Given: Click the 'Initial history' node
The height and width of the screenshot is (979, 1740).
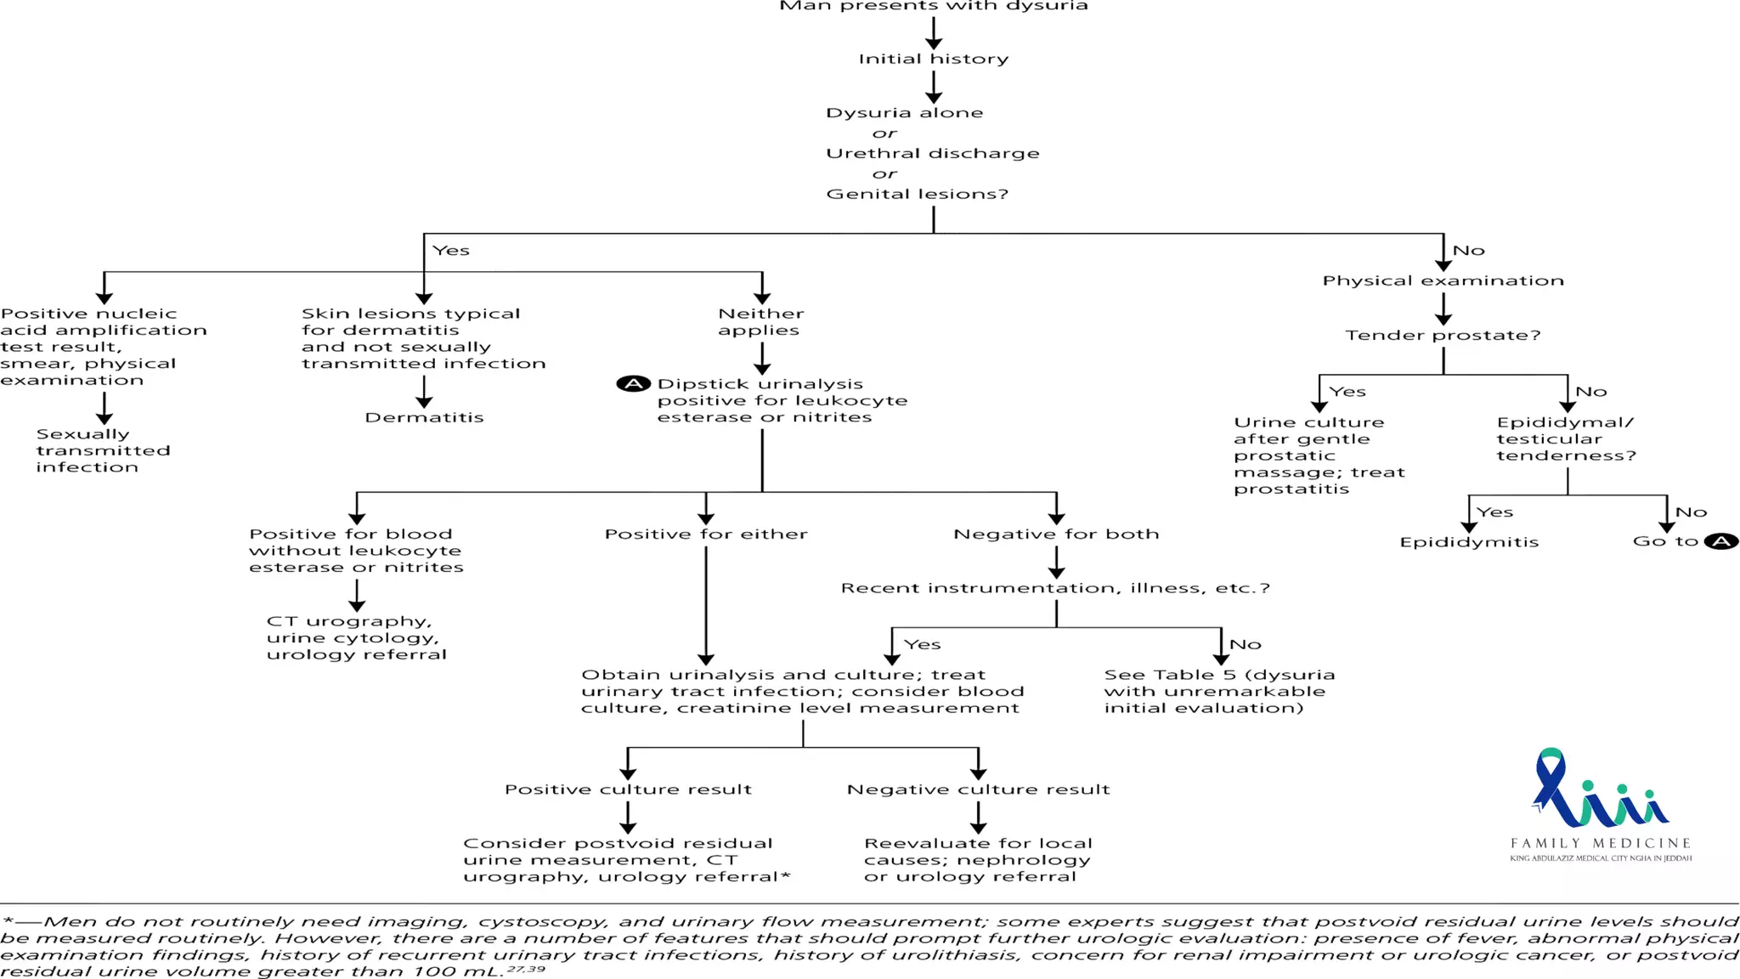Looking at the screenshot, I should click(933, 59).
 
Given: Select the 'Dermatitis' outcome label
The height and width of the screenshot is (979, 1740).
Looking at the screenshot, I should click(424, 417).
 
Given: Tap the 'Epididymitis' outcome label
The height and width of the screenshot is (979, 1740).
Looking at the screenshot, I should click(1469, 542).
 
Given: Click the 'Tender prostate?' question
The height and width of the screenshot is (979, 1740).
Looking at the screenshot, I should click(1443, 335).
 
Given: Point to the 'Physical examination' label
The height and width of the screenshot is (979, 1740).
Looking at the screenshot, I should click(1443, 280).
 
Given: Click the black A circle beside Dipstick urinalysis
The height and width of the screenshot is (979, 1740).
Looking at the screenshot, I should click(633, 384).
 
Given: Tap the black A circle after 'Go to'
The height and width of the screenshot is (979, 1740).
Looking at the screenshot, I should click(1721, 541).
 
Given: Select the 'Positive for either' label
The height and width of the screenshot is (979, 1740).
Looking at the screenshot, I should click(706, 534).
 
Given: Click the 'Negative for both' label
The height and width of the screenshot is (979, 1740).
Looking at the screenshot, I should click(1056, 534).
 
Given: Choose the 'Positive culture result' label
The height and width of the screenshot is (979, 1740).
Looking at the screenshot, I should click(628, 789).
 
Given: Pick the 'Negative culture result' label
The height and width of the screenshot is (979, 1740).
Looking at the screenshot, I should click(978, 789).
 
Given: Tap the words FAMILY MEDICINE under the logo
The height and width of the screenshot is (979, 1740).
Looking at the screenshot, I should click(1601, 843).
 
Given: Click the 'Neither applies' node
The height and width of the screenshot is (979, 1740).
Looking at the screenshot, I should click(760, 322).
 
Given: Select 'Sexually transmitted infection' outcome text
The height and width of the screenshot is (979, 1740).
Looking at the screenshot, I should click(103, 450).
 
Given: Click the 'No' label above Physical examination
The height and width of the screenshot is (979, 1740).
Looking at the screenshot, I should click(1468, 251).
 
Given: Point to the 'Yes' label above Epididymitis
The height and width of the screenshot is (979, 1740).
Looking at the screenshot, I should click(1494, 512).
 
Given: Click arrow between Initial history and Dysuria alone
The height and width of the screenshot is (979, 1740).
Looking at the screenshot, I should click(933, 87).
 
